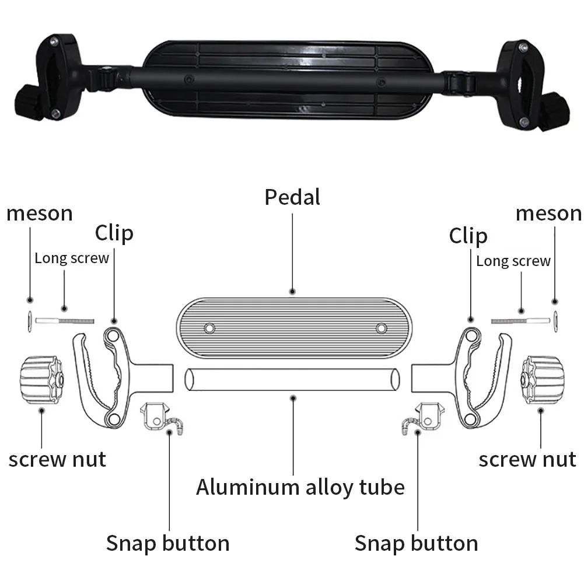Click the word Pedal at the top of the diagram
(x=292, y=197)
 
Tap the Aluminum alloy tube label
(x=300, y=488)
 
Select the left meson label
(x=40, y=214)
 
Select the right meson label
(x=548, y=214)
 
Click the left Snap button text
(x=167, y=543)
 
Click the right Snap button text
(x=416, y=543)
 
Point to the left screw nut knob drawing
(x=41, y=380)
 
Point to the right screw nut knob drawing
(x=543, y=380)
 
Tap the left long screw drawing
(x=64, y=321)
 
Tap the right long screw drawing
(x=520, y=321)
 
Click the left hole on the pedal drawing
(x=209, y=328)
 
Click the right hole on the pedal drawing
(x=381, y=328)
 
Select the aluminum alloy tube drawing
(x=292, y=380)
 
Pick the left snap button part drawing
(x=161, y=418)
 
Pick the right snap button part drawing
(x=424, y=418)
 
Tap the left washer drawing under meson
(x=29, y=321)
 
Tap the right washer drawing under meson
(x=555, y=321)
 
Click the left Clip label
(x=114, y=233)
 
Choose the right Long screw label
(x=513, y=261)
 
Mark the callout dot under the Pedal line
(x=292, y=292)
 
